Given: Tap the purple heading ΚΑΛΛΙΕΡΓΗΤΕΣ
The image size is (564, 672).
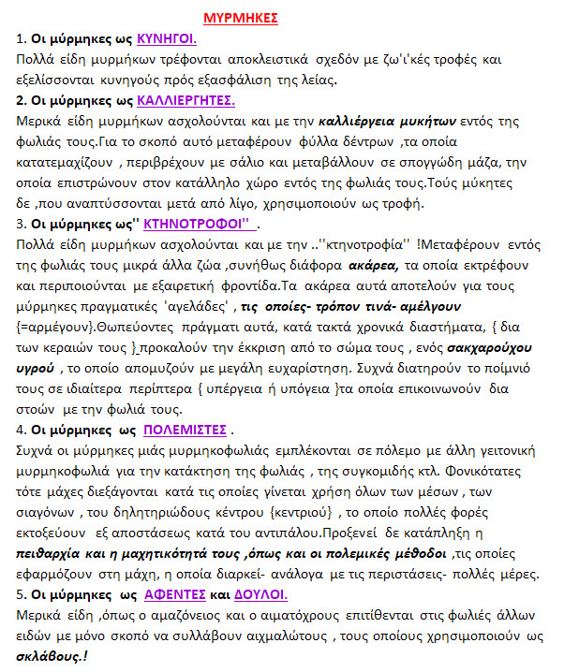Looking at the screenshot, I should coord(186,100).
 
